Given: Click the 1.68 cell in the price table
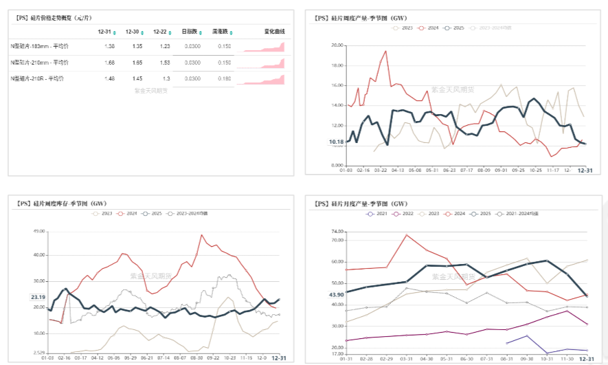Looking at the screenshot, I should pos(109,63).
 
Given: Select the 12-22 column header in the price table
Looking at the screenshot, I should pos(159,32).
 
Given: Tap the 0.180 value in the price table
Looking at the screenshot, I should pos(224,78).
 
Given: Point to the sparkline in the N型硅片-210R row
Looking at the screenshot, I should pos(264,80).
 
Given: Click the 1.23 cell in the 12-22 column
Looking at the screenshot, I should pos(165,46).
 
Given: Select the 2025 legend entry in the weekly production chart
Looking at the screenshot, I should pos(454,27).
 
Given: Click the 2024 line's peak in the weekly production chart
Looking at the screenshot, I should pos(385,51).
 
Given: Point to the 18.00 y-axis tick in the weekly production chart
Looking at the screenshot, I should pos(337,65).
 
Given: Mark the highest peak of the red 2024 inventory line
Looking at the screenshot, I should pos(202,235).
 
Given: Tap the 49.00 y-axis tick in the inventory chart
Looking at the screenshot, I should pos(38,231).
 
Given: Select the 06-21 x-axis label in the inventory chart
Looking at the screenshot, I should pos(146,358).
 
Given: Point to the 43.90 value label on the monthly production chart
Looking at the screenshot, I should pos(336,295).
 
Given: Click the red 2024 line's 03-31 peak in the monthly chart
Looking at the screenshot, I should pos(406,235).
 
